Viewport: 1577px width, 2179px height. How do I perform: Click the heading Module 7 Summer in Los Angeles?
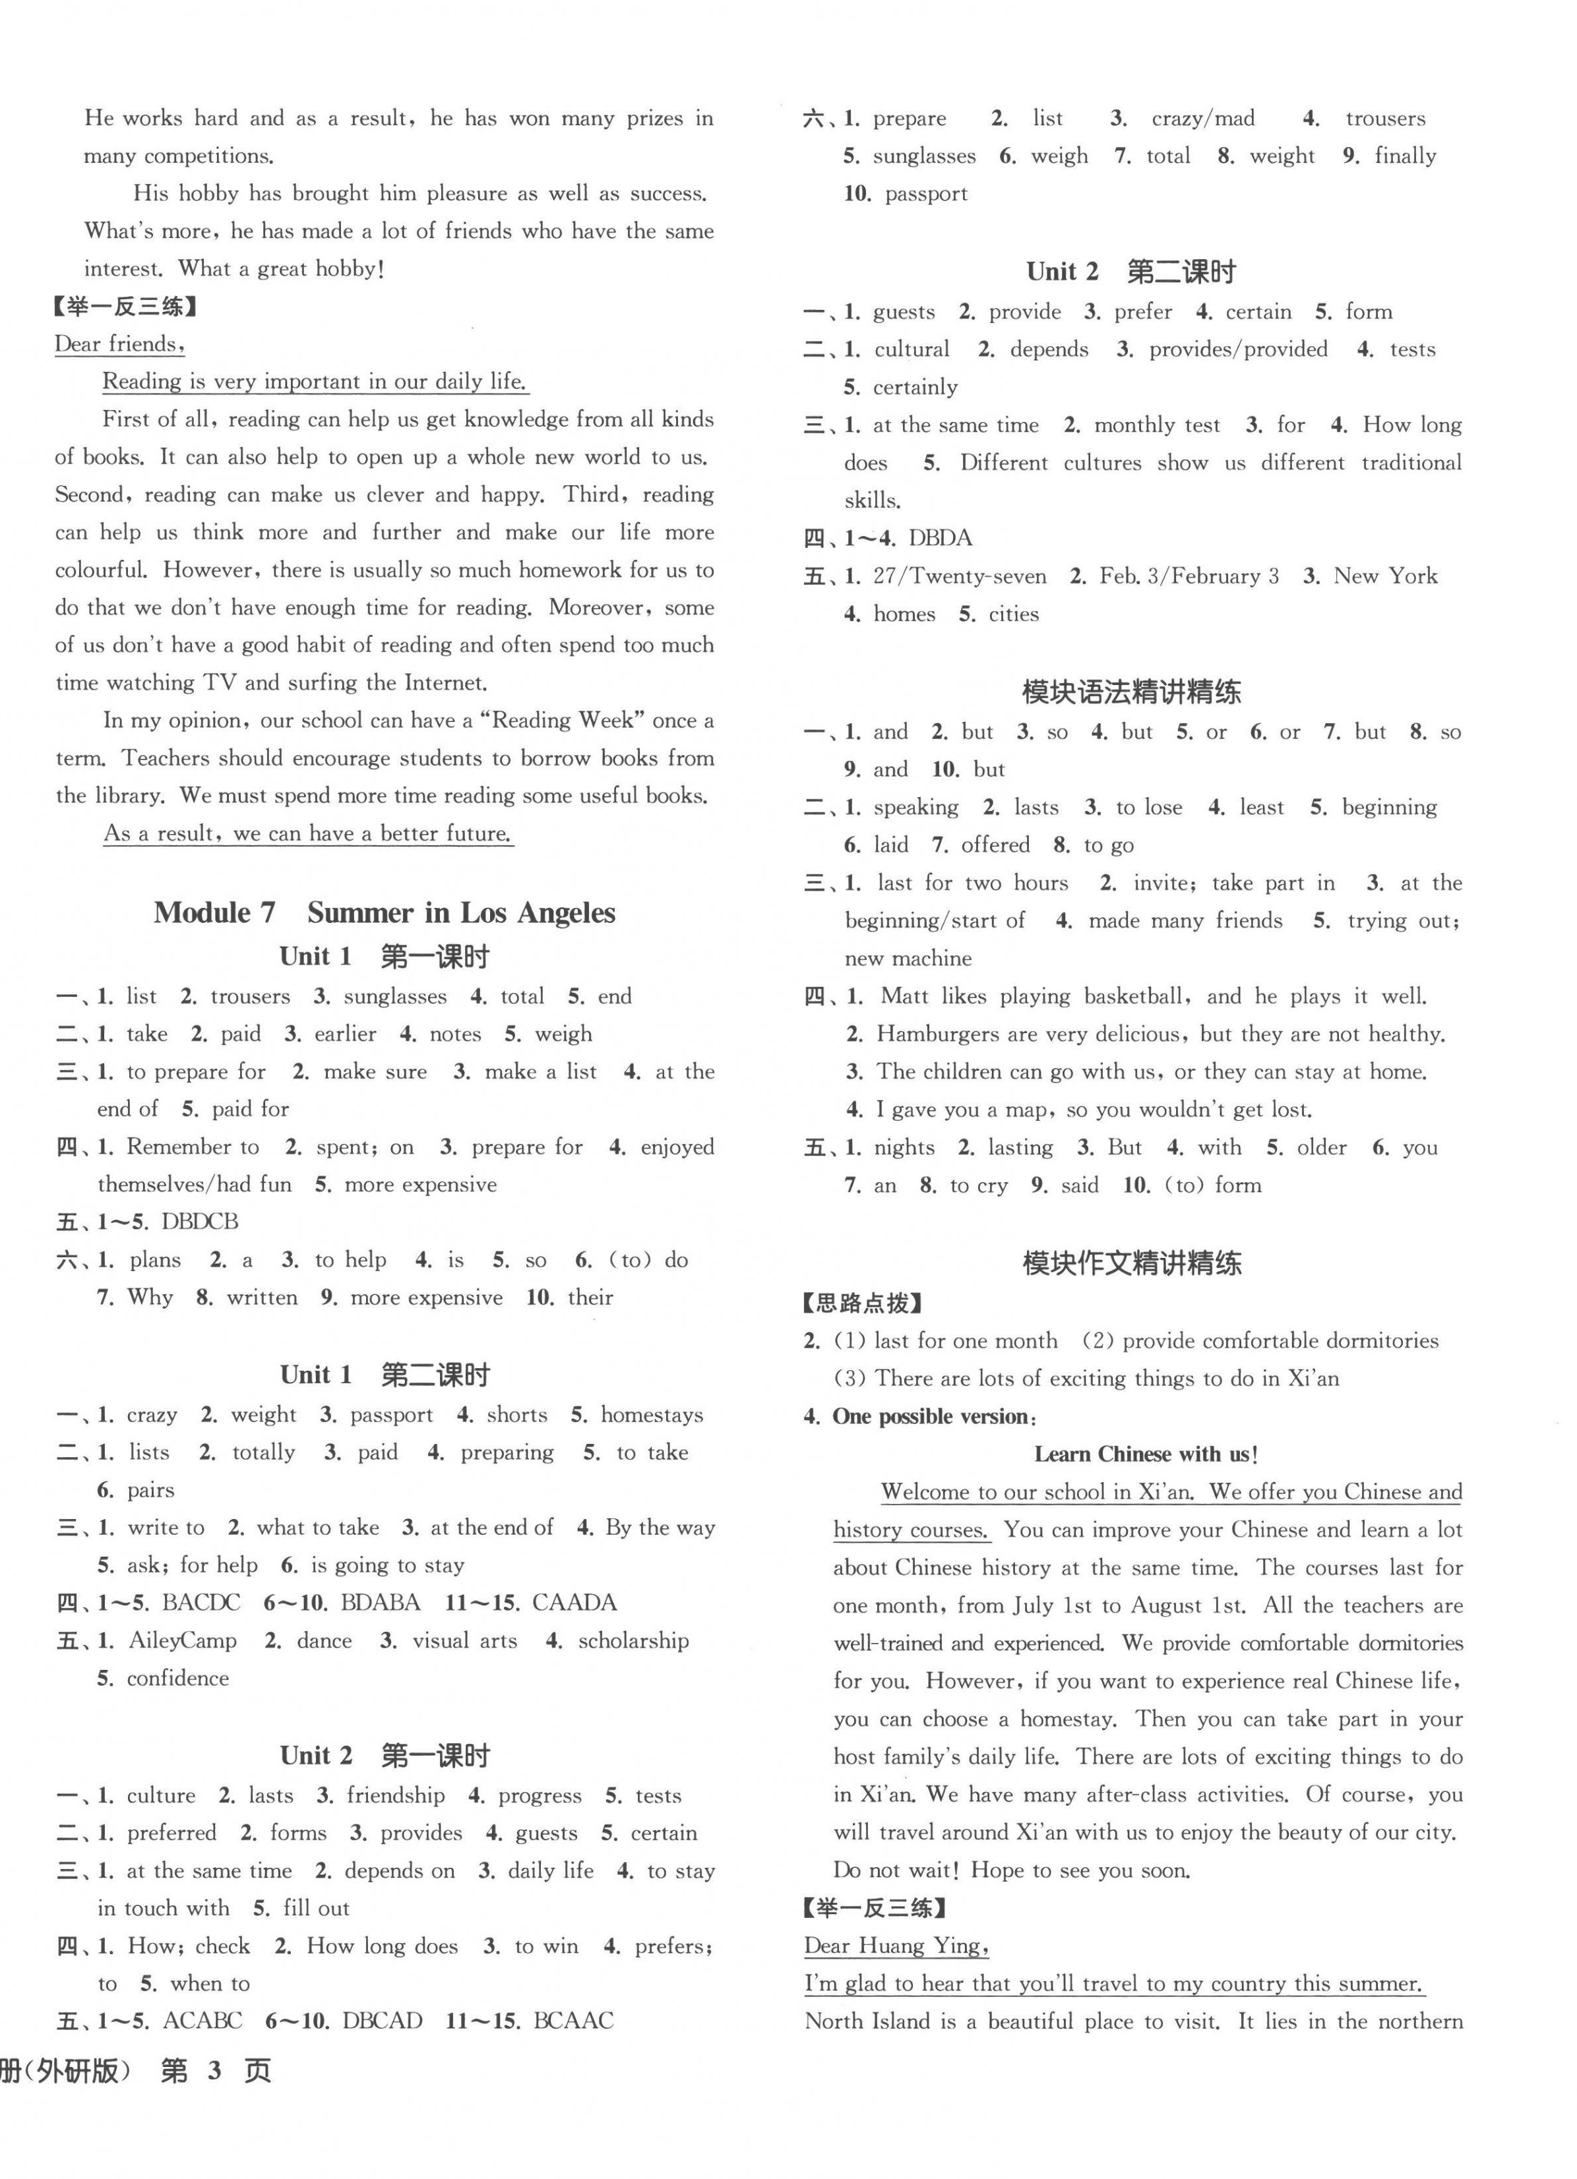(x=385, y=912)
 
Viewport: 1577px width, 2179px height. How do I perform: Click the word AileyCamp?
(x=183, y=1640)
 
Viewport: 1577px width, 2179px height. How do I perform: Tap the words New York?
(x=1386, y=576)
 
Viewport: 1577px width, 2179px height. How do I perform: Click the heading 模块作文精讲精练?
(x=1131, y=1263)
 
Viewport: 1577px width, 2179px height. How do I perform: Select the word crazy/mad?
(x=1203, y=118)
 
